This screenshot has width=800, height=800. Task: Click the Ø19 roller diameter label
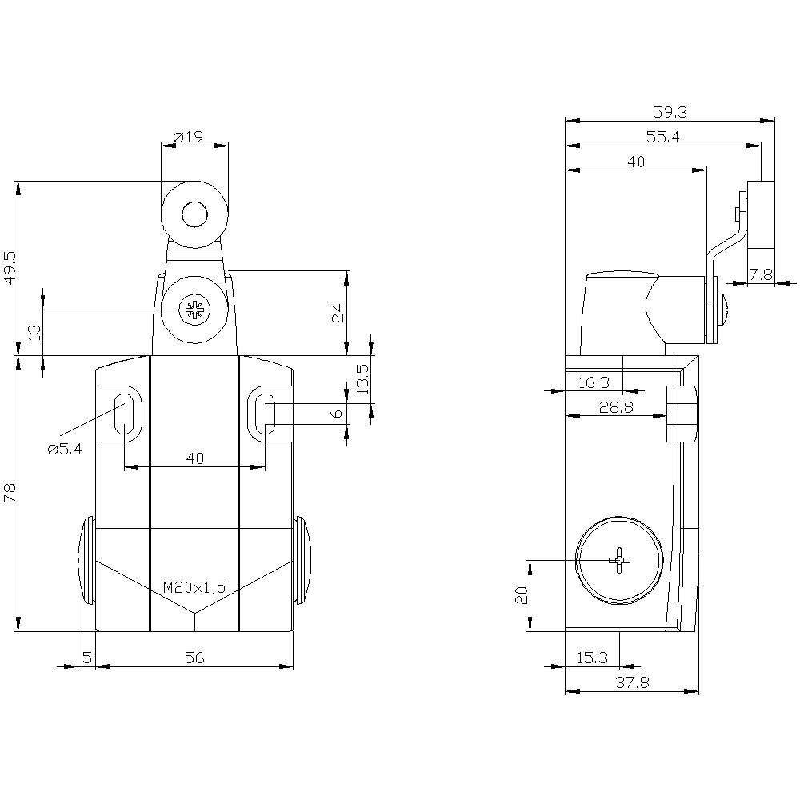click(188, 137)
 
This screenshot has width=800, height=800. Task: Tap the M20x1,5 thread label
click(194, 587)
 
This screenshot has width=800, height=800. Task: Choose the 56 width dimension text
click(194, 658)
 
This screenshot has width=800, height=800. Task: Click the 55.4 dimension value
click(662, 138)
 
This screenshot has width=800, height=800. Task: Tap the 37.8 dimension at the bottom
click(632, 682)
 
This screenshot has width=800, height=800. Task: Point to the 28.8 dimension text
click(616, 407)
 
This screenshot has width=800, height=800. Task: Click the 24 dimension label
click(339, 312)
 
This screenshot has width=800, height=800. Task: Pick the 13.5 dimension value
click(362, 380)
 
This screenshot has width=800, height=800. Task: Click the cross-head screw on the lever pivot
click(194, 310)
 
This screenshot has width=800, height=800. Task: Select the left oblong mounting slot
click(124, 414)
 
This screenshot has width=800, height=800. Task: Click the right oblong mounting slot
click(266, 414)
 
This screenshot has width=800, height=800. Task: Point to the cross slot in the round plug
click(620, 561)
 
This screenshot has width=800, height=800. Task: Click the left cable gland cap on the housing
click(86, 560)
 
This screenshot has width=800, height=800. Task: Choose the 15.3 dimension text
click(592, 658)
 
